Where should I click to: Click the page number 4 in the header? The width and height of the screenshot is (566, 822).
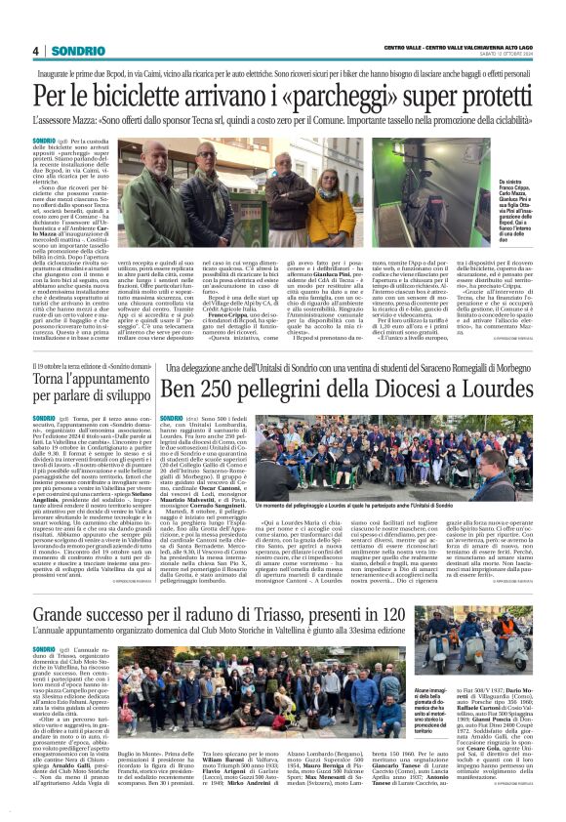[35, 51]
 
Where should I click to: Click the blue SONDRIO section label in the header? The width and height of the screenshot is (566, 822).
[70, 51]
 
